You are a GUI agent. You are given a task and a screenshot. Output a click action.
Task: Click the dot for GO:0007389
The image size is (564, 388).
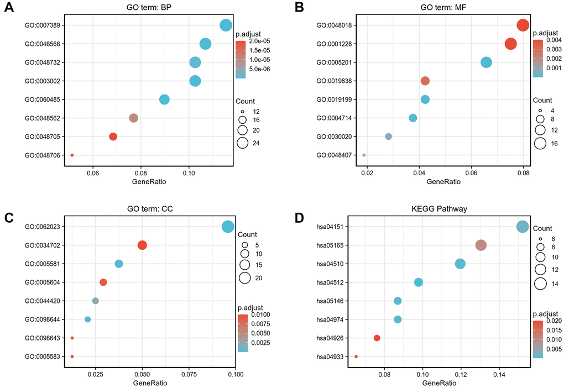coord(226,25)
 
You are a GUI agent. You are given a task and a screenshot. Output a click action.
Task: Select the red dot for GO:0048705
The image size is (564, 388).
coord(113,137)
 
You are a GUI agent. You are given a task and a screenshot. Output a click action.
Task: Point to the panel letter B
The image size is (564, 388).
coord(299,8)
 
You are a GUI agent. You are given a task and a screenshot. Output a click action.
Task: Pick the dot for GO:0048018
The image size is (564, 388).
coord(523,25)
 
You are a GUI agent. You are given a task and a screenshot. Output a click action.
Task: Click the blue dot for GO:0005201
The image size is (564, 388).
coord(486,62)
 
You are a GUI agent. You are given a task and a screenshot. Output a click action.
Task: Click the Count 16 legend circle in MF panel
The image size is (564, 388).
coord(541,144)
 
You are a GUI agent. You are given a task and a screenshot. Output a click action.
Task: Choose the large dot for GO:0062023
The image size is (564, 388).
coord(228,227)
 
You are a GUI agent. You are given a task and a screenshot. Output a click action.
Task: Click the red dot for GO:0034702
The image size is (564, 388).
coord(142,245)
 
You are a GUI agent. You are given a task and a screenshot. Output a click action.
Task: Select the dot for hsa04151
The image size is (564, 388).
coord(523,227)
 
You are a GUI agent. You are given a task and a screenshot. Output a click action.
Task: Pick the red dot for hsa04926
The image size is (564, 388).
coord(377,338)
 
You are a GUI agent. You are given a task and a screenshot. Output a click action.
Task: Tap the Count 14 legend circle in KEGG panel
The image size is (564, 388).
coord(540,284)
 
